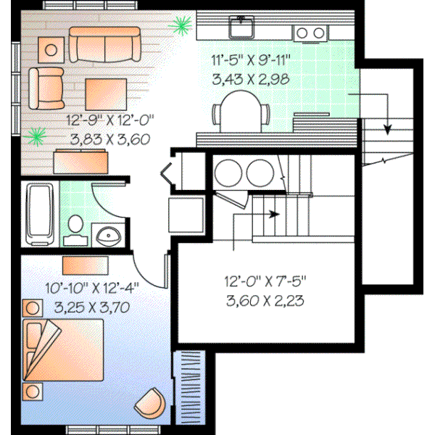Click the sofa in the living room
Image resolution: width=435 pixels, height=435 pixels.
[x=106, y=46]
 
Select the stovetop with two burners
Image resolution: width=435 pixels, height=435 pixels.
[x=310, y=32]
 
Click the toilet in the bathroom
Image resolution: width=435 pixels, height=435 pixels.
[x=74, y=229]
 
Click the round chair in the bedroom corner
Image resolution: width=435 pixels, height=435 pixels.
[x=151, y=401]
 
